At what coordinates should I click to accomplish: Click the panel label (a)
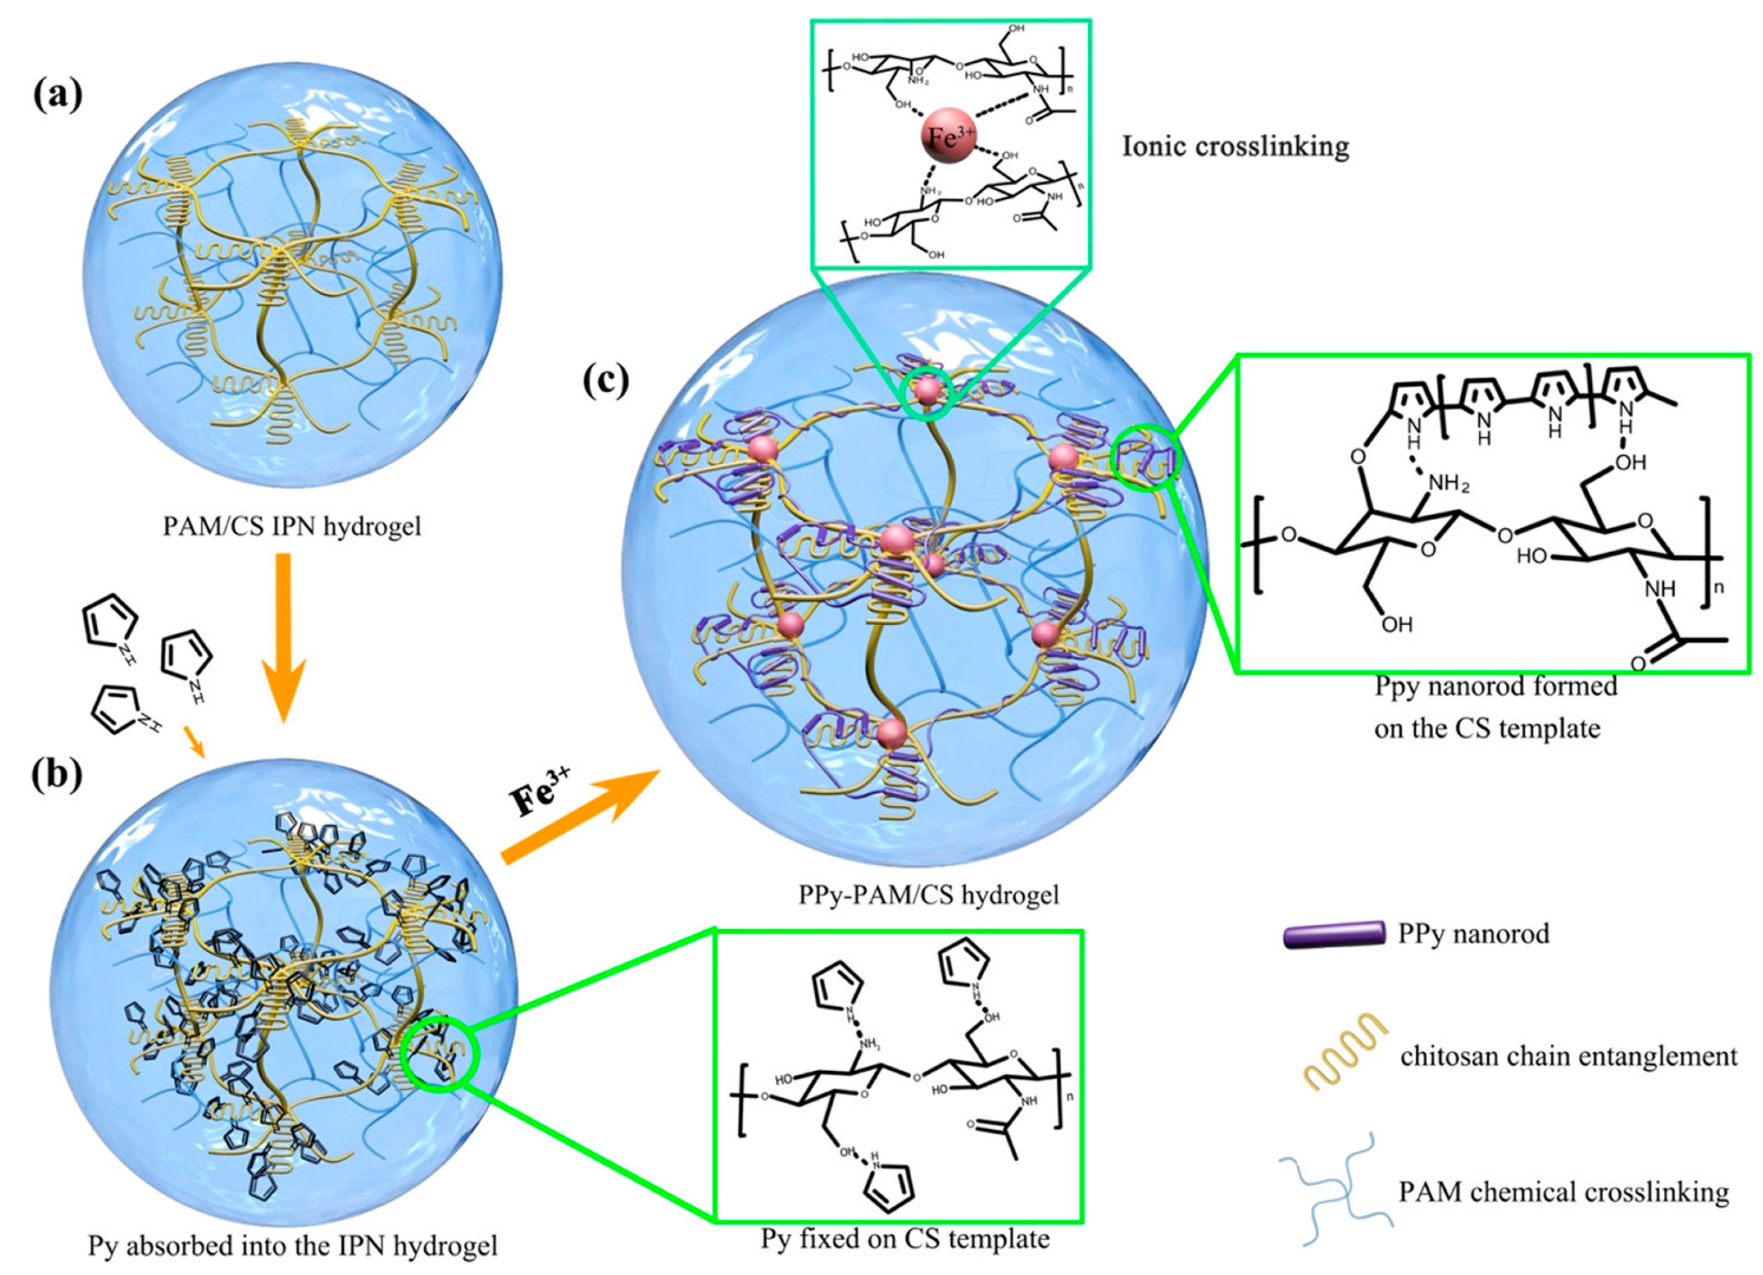[x=57, y=96]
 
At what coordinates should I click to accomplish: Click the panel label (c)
[x=606, y=380]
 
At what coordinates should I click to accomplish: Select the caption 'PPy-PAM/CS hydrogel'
[x=929, y=895]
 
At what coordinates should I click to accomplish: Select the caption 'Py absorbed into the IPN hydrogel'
[x=292, y=1247]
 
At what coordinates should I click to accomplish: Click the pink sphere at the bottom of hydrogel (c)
[x=891, y=731]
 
